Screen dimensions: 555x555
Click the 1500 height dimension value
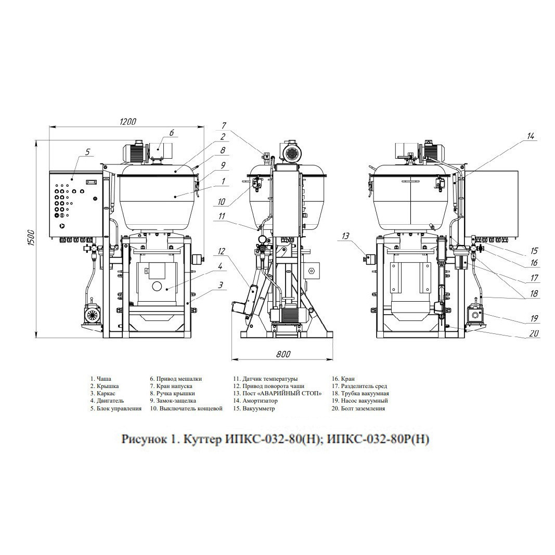[x=31, y=238]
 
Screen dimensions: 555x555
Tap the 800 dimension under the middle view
[x=283, y=354]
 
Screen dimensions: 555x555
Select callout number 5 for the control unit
[x=88, y=152]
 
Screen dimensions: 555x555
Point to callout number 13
[x=346, y=236]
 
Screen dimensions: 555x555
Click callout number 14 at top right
[x=530, y=136]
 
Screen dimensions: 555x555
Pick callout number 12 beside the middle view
[x=222, y=251]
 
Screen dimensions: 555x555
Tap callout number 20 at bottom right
[x=534, y=333]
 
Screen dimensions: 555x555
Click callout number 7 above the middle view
[x=224, y=126]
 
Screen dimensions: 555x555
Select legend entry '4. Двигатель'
[x=107, y=401]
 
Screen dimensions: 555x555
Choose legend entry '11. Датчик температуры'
[x=265, y=379]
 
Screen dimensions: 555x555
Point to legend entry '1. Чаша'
[x=100, y=379]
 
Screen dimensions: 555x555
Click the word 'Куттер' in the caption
[x=201, y=440]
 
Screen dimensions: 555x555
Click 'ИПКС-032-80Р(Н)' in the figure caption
[x=378, y=439]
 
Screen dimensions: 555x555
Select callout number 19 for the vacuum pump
[x=534, y=318]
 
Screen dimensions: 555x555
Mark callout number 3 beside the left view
[x=221, y=285]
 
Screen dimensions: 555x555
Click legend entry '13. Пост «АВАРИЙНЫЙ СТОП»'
[x=277, y=393]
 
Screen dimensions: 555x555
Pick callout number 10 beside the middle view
[x=221, y=202]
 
